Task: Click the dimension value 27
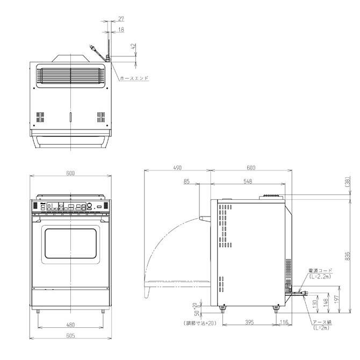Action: (121, 19)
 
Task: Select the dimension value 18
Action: (121, 30)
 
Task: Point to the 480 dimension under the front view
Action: (70, 325)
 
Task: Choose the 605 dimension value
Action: (70, 336)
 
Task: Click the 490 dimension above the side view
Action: (177, 168)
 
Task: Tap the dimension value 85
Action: (186, 182)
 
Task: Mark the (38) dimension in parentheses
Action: (348, 183)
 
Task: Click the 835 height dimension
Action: (348, 256)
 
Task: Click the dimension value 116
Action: (284, 322)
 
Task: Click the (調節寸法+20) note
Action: (198, 323)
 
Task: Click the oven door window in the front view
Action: (70, 242)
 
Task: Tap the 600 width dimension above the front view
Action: (70, 173)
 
